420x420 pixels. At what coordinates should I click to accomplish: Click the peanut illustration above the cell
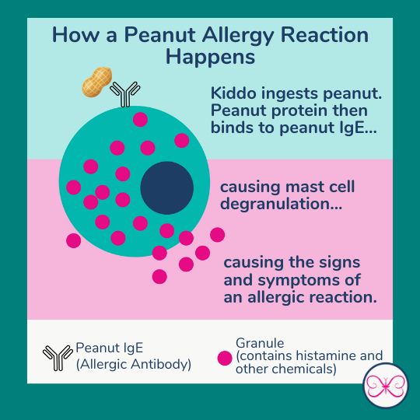[x=97, y=82]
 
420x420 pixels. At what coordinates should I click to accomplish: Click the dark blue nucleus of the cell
[x=166, y=187]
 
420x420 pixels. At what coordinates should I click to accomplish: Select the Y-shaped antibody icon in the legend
[x=58, y=355]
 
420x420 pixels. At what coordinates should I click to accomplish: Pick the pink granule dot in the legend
[x=225, y=359]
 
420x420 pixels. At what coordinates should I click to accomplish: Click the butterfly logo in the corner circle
[x=386, y=387]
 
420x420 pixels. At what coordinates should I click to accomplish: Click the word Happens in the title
[x=210, y=58]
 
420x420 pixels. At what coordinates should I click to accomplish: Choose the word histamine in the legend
[x=327, y=355]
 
